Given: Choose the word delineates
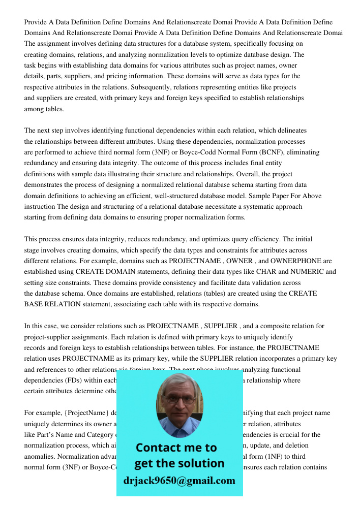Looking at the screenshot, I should coord(288,131).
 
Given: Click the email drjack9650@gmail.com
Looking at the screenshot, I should coord(179,481).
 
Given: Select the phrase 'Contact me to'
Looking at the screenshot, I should coord(176,448).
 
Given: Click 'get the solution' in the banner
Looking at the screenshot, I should coord(179,463).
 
